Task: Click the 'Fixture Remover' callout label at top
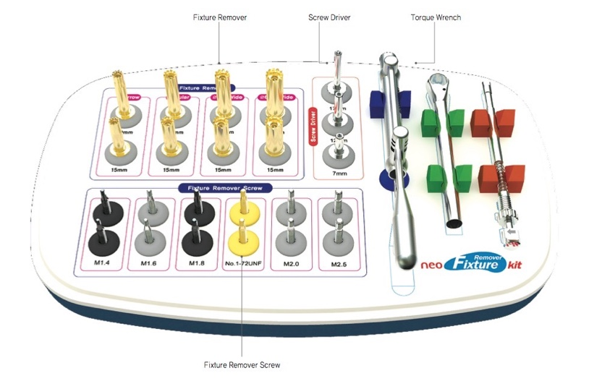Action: (220, 17)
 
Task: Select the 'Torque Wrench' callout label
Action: (436, 17)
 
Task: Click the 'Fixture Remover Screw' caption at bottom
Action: (242, 364)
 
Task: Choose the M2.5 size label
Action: (338, 265)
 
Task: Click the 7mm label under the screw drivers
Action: (337, 174)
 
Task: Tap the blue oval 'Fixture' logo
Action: (475, 262)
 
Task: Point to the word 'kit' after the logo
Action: (514, 265)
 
